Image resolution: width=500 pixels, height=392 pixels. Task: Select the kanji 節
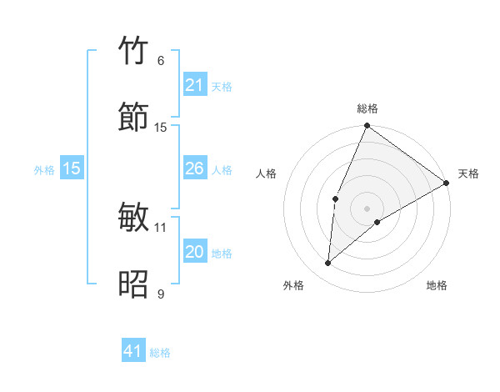[x=134, y=118]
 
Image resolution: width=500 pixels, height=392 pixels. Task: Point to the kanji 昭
[x=134, y=284]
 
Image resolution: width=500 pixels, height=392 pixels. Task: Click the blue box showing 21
[x=194, y=85]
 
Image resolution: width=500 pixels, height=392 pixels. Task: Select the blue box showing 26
[x=194, y=169]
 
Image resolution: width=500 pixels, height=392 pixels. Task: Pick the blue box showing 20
[x=194, y=252]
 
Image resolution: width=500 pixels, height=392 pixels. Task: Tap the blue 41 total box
[x=133, y=351]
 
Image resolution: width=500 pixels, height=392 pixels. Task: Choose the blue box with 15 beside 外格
[x=72, y=168]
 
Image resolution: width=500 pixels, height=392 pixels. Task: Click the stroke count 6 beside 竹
[x=161, y=61]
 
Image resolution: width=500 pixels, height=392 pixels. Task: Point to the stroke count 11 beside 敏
[x=161, y=227]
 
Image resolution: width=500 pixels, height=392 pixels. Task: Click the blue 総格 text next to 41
[x=160, y=353]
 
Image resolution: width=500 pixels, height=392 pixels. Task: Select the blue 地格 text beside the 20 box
[x=222, y=254]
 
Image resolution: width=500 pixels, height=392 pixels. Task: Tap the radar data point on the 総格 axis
[x=367, y=127]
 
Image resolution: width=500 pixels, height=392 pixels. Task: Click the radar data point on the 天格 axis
[x=447, y=183]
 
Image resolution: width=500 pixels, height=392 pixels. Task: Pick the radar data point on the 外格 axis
[x=328, y=264]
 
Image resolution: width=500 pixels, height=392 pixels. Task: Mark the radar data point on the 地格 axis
[x=377, y=222]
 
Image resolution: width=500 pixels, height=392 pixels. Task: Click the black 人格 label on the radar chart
[x=266, y=173]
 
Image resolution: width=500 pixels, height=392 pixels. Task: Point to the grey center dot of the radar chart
[x=367, y=208]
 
